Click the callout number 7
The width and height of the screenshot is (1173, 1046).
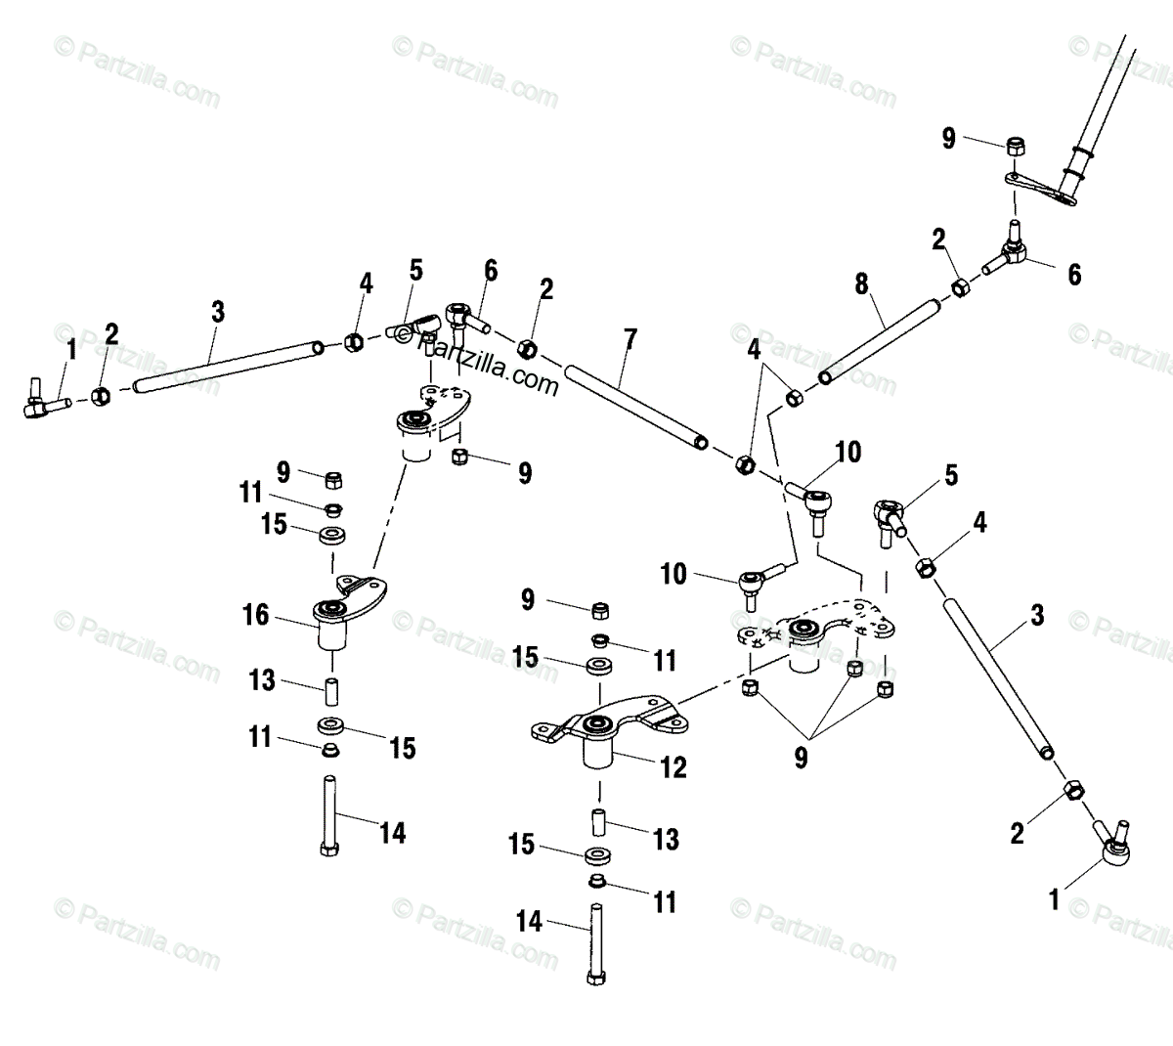coord(630,340)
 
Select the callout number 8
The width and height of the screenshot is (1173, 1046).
coord(861,284)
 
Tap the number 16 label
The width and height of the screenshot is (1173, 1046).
coord(256,615)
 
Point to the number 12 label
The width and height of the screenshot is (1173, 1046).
coord(673,766)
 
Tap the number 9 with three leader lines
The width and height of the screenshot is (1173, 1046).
coord(801,758)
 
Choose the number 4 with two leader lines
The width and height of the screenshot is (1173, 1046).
coord(753,347)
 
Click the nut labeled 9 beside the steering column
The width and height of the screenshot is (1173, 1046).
coord(1015,148)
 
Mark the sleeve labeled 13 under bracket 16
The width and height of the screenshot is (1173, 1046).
coord(330,690)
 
